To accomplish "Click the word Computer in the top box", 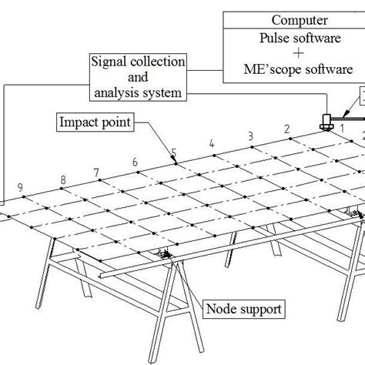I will click(x=290, y=20).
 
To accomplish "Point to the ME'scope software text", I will click(x=292, y=69).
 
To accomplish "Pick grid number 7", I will click(x=96, y=172).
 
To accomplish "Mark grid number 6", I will click(x=136, y=162).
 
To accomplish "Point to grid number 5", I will click(x=174, y=152).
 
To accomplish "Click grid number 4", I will click(x=211, y=144).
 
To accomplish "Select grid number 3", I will click(x=249, y=136).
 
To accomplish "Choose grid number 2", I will click(x=287, y=128).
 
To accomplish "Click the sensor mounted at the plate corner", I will click(x=326, y=121).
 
